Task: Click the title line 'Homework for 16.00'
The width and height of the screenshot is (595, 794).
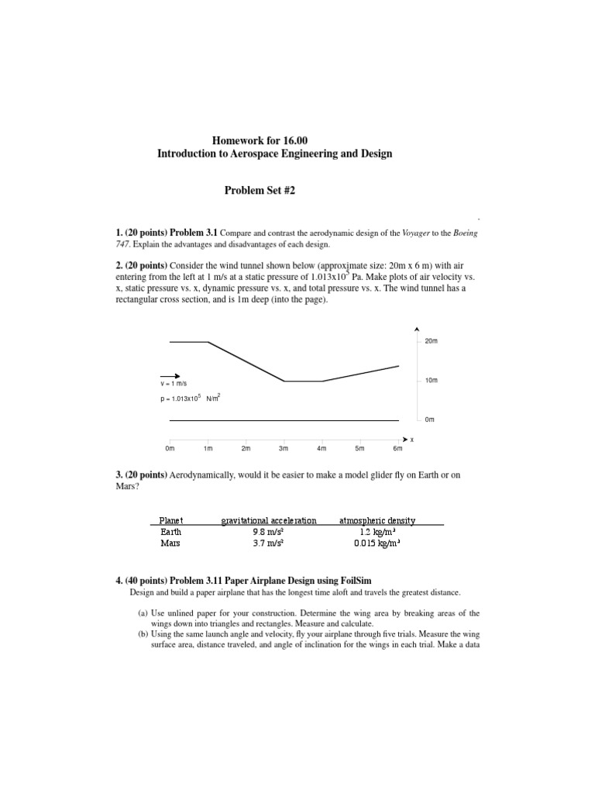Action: pyautogui.click(x=274, y=140)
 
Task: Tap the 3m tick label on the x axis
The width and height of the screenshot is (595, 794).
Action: pyautogui.click(x=284, y=449)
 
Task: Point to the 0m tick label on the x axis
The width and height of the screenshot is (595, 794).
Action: pyautogui.click(x=170, y=449)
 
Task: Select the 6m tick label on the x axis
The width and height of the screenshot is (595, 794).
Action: pyautogui.click(x=397, y=449)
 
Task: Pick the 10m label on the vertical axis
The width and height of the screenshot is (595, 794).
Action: pyautogui.click(x=432, y=381)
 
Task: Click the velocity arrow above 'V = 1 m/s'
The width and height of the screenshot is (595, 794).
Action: pyautogui.click(x=170, y=375)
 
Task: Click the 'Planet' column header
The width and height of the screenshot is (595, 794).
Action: pyautogui.click(x=171, y=520)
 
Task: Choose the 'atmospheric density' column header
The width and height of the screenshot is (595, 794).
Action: pyautogui.click(x=378, y=520)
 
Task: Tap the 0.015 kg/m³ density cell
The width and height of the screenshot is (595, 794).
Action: pyautogui.click(x=378, y=544)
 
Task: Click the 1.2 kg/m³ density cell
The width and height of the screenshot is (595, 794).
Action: pyautogui.click(x=378, y=532)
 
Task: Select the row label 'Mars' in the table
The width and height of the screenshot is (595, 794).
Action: pyautogui.click(x=170, y=544)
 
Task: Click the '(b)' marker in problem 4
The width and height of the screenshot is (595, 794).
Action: pyautogui.click(x=143, y=633)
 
